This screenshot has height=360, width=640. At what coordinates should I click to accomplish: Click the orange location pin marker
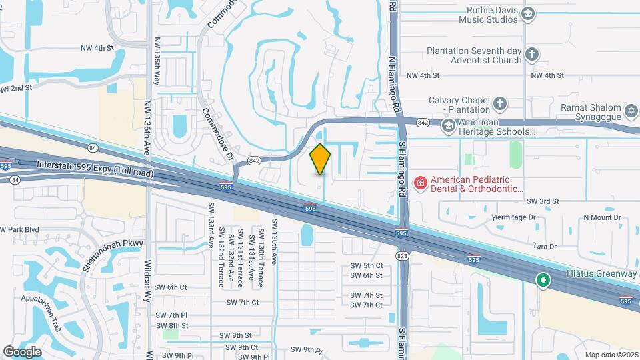(321, 159)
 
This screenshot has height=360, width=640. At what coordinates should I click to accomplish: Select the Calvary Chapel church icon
(500, 104)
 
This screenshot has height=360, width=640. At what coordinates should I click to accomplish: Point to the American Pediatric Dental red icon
(421, 182)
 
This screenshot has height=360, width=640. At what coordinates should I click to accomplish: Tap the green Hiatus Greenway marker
(543, 281)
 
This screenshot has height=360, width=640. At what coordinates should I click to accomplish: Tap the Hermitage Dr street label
(514, 217)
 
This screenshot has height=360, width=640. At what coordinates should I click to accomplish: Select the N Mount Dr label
(602, 217)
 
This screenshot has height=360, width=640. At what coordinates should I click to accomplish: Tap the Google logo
(22, 352)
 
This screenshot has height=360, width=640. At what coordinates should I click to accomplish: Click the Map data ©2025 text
(611, 355)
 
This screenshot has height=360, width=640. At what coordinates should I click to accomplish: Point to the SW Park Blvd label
(20, 229)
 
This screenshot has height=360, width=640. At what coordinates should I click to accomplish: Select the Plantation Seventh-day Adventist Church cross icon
(531, 53)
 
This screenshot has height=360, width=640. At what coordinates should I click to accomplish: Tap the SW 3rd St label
(542, 201)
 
